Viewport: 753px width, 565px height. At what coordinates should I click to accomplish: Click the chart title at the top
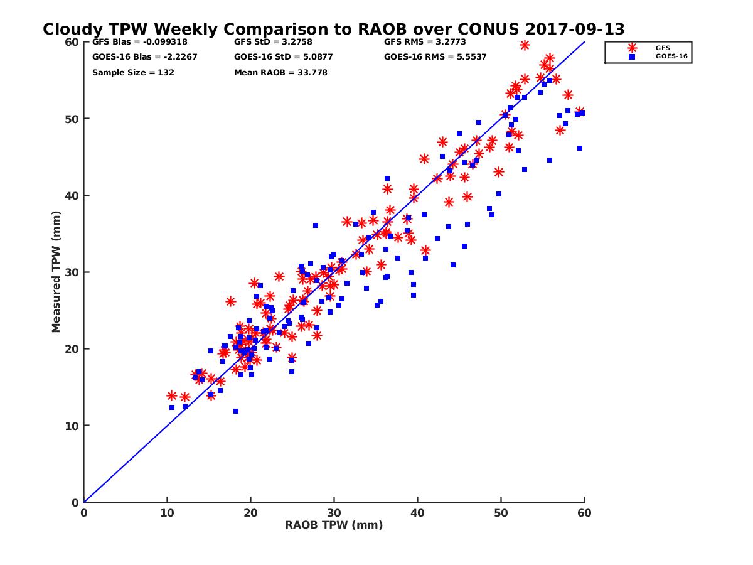pos(333,29)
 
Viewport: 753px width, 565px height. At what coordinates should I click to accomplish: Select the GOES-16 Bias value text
pos(136,57)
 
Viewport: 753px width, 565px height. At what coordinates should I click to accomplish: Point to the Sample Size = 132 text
pos(133,72)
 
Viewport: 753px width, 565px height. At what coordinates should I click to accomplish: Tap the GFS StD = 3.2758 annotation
pos(270,43)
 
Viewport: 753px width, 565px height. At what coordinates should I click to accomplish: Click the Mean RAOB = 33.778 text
pos(280,72)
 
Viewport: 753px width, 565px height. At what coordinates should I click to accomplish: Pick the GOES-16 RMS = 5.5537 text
pos(435,57)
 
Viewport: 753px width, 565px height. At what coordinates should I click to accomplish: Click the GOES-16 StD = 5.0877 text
pos(283,57)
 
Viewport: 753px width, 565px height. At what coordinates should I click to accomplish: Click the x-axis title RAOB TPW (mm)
pos(334,525)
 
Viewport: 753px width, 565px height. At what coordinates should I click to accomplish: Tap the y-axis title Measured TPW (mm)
pos(56,272)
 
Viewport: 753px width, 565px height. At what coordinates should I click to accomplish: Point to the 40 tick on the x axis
pos(417,513)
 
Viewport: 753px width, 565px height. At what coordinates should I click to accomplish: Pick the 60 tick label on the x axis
pos(584,513)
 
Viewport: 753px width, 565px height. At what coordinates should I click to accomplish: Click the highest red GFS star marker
pos(525,45)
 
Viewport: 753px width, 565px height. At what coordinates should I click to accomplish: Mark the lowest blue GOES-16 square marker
pos(236,411)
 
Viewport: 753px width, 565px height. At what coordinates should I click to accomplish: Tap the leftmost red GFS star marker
pos(172,395)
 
